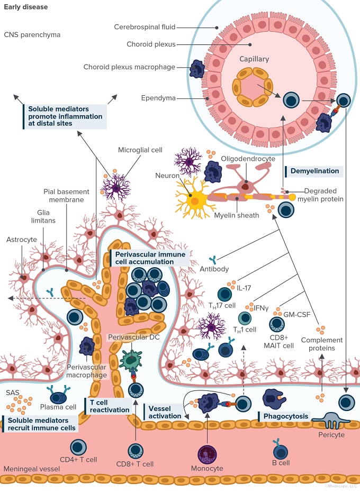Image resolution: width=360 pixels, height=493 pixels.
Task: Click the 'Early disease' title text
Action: (x=25, y=7)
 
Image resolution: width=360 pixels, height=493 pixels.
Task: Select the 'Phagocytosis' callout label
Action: (x=286, y=416)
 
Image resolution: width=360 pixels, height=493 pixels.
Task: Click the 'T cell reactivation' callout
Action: (x=109, y=406)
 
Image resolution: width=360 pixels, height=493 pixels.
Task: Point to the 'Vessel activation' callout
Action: (x=163, y=412)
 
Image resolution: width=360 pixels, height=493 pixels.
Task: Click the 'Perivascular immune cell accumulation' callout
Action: (x=150, y=258)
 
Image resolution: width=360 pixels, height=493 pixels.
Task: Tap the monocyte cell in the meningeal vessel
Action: (x=207, y=454)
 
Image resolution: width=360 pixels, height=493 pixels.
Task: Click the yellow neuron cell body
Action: (x=194, y=200)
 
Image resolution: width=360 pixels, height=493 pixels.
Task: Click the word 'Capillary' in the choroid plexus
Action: (x=255, y=60)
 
